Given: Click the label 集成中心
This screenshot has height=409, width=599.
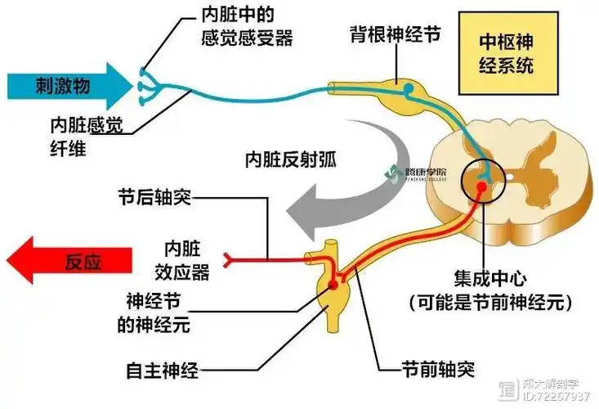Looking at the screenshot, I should pos(488,276).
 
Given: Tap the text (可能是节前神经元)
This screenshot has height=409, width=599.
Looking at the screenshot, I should pos(488,301).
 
